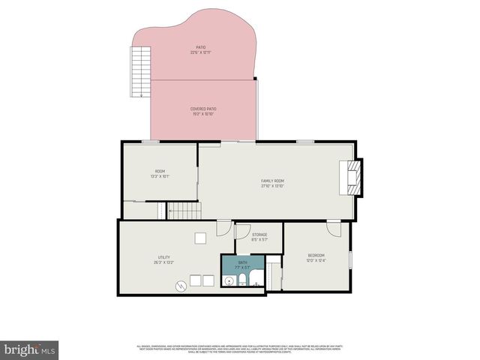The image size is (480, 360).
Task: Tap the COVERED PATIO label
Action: pyautogui.click(x=202, y=109)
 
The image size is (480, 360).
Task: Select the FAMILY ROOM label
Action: pyautogui.click(x=272, y=181)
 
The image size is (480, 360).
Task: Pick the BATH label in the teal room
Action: pyautogui.click(x=243, y=262)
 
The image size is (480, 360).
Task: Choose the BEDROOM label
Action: pyautogui.click(x=316, y=256)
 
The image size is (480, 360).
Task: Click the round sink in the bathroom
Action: pyautogui.click(x=229, y=281)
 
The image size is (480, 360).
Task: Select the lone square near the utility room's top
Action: pyautogui.click(x=200, y=238)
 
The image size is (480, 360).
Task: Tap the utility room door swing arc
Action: pyautogui.click(x=223, y=227)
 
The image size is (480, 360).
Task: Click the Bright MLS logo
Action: pyautogui.click(x=30, y=349)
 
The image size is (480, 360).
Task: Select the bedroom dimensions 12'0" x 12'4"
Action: pyautogui.click(x=316, y=261)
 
